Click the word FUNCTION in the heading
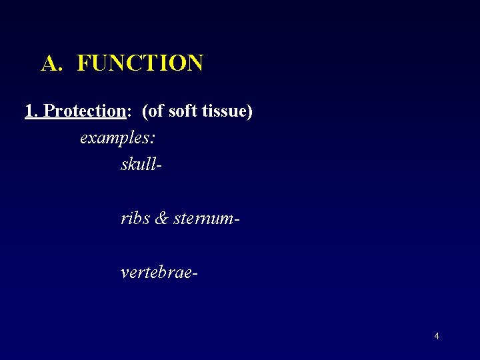140,63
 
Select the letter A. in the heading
52,63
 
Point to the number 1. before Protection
31,111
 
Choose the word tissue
225,111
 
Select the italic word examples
115,138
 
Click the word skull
138,164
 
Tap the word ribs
135,218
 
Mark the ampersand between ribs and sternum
161,218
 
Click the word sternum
203,219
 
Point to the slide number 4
437,336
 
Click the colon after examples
154,139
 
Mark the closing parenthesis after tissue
250,111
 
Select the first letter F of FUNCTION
83,63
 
